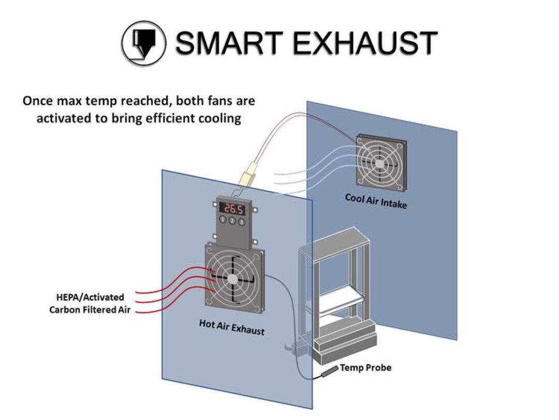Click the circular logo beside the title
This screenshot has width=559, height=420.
click(x=143, y=43)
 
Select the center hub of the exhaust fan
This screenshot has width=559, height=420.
click(x=232, y=279)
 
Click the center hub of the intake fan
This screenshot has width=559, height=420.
click(x=380, y=163)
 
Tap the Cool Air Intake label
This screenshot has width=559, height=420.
click(x=376, y=201)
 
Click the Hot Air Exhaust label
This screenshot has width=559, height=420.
click(x=231, y=327)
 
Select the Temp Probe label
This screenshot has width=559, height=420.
click(x=365, y=368)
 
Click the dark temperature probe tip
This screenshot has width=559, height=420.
click(x=328, y=372)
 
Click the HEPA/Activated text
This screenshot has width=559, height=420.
click(x=90, y=297)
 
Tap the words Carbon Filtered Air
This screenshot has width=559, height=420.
click(x=90, y=310)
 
